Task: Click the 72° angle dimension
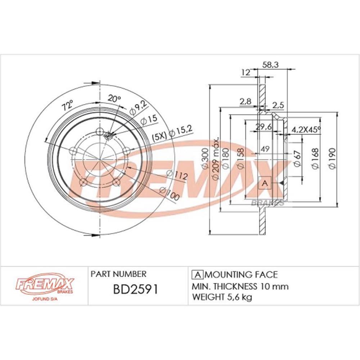pos(67,106)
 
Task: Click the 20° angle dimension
pos(114,99)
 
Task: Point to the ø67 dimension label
pos(297,158)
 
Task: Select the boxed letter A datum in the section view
pos(265,183)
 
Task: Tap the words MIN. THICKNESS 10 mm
pos(240,287)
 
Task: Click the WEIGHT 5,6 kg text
pos(222,297)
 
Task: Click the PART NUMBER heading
pos(118,274)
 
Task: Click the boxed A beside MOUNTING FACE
pos(197,275)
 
